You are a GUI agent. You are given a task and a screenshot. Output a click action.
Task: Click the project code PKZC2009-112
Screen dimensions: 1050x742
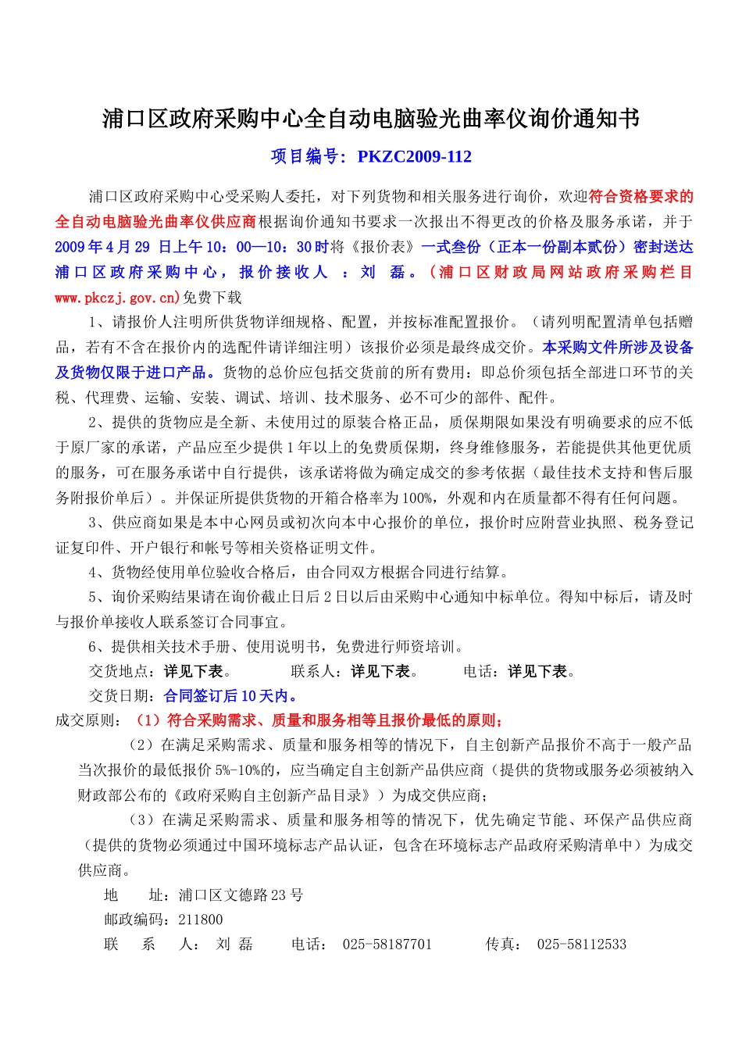click(414, 156)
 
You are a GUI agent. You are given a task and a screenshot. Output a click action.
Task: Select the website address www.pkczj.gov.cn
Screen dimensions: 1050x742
click(116, 298)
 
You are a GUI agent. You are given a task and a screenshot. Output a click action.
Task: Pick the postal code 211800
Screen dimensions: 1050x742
click(201, 920)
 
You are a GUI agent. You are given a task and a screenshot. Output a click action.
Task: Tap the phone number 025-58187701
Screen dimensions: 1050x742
click(387, 945)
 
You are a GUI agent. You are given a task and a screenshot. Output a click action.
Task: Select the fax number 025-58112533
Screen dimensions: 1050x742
click(581, 945)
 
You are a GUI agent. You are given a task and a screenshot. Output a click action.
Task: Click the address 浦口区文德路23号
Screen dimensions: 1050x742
click(241, 895)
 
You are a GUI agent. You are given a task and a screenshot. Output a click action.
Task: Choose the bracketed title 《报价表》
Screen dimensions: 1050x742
click(383, 247)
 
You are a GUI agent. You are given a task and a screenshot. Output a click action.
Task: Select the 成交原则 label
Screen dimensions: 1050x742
click(85, 720)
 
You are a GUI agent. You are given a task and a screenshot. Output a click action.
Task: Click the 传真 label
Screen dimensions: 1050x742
click(500, 945)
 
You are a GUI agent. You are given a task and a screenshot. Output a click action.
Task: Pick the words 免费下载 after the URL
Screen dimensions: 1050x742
click(212, 298)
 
